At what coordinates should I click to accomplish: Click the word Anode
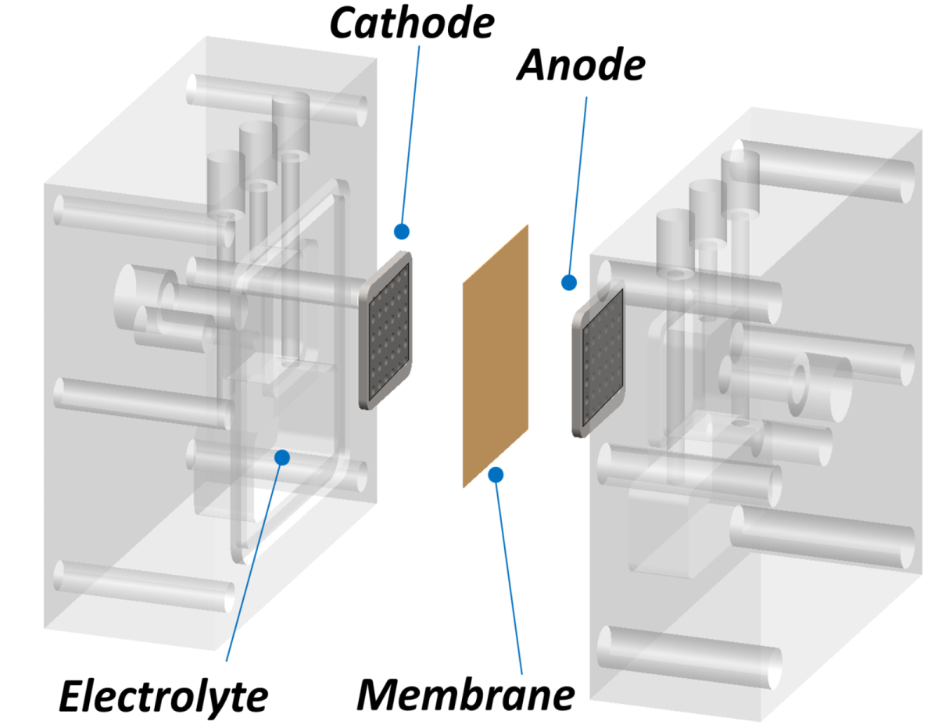580,68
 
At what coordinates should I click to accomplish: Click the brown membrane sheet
496,356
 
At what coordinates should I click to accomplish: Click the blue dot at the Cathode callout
402,231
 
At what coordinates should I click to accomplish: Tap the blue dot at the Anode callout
569,282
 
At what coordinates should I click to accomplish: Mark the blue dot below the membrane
496,473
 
